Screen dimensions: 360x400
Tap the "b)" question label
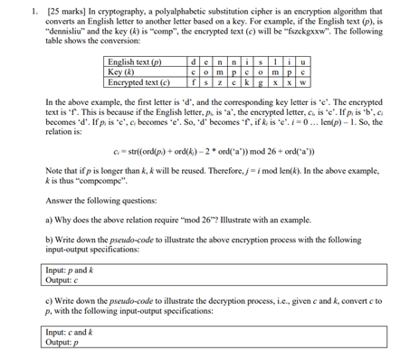(48, 238)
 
